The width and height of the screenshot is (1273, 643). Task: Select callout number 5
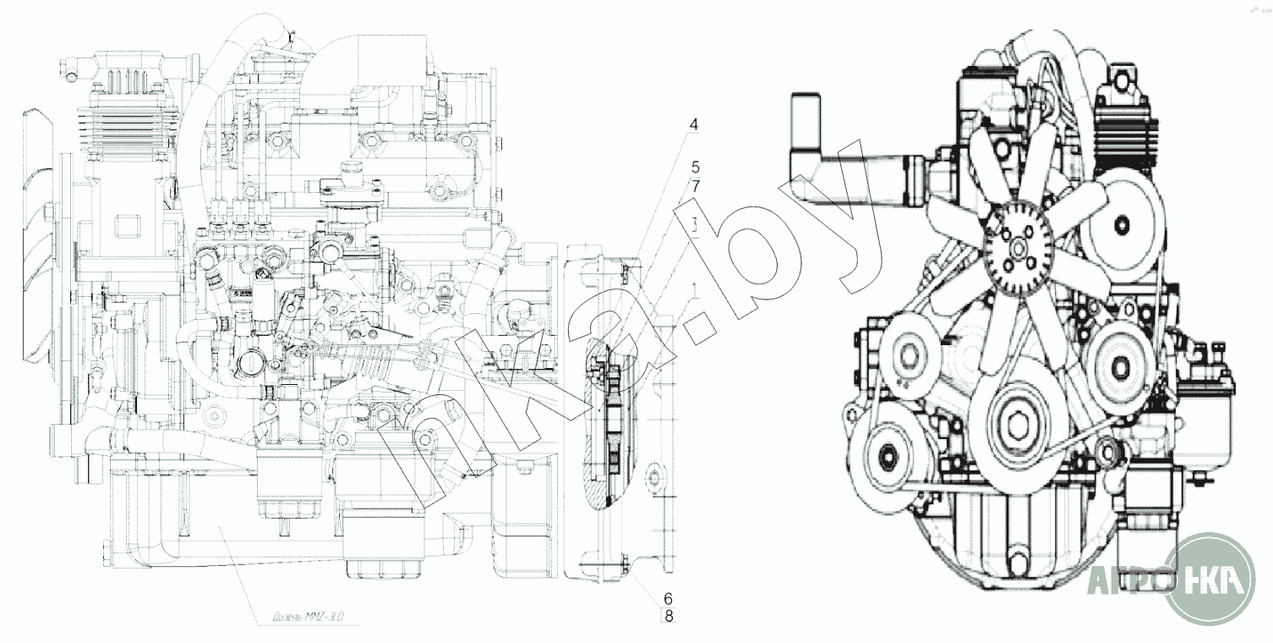[x=695, y=167]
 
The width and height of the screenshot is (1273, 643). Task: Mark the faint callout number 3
[x=693, y=226]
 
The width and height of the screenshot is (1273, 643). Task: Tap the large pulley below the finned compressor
[x=1122, y=224]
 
